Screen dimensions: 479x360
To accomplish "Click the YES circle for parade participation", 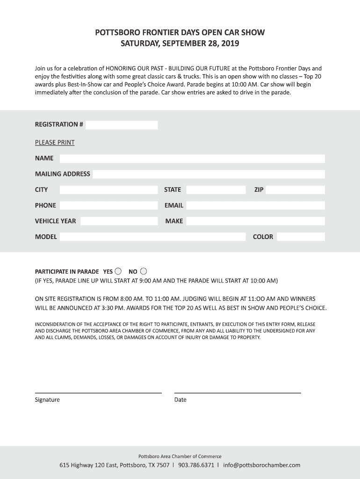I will coord(118,271).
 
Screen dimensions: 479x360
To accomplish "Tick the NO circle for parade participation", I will coord(144,271).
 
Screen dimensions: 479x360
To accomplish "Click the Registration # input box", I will coord(122,125).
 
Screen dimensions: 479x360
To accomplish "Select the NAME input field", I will coord(192,159).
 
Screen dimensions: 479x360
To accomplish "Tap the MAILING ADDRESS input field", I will coord(209,174).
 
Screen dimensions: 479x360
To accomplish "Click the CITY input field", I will coord(108,190).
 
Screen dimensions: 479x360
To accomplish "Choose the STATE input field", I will coord(216,190).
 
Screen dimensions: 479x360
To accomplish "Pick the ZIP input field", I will coord(295,190).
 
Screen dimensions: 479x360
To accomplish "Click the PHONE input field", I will coord(108,205).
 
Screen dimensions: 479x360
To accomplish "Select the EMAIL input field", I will coord(255,205).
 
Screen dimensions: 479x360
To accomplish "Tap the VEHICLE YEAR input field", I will coord(119,221).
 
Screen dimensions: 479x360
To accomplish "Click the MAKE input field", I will coord(255,221).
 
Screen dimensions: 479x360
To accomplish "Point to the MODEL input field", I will coord(152,237).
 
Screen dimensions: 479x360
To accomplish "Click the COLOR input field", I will coord(301,237).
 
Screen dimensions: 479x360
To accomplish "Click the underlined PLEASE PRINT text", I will coord(55,142).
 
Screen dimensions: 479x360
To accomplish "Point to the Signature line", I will coord(98,392).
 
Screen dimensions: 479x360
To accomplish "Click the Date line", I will coord(238,392).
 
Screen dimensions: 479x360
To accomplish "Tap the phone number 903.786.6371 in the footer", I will coord(196,465).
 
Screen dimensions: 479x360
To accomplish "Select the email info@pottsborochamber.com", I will coord(262,465).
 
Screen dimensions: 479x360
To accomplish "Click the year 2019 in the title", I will coord(230,44).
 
